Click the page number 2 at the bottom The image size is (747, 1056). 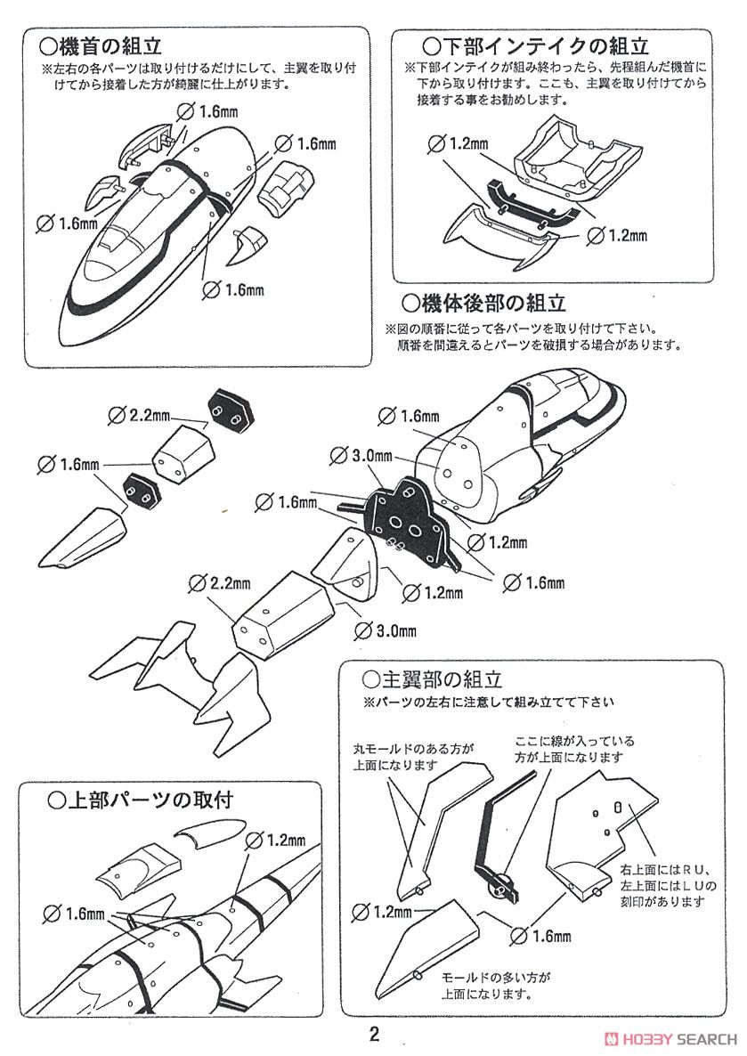pyautogui.click(x=374, y=1035)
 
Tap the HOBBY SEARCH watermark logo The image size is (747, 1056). pyautogui.click(x=670, y=1038)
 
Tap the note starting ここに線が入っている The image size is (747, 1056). pyautogui.click(x=573, y=748)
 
